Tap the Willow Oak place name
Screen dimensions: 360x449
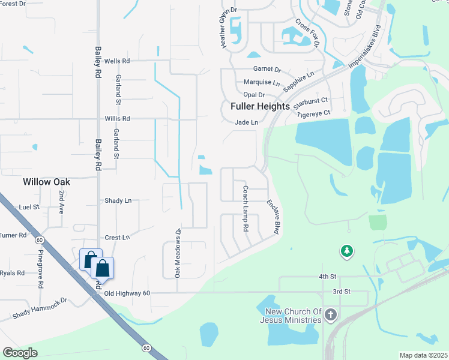click(x=47, y=181)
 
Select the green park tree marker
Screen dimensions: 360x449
click(x=346, y=252)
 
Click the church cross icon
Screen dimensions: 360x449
click(x=331, y=315)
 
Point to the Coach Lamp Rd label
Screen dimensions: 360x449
click(x=245, y=208)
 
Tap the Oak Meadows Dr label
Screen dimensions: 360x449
click(x=178, y=253)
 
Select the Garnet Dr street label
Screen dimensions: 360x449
click(x=267, y=70)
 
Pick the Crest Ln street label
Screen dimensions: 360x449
click(x=117, y=238)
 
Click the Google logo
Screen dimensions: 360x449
click(x=20, y=353)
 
